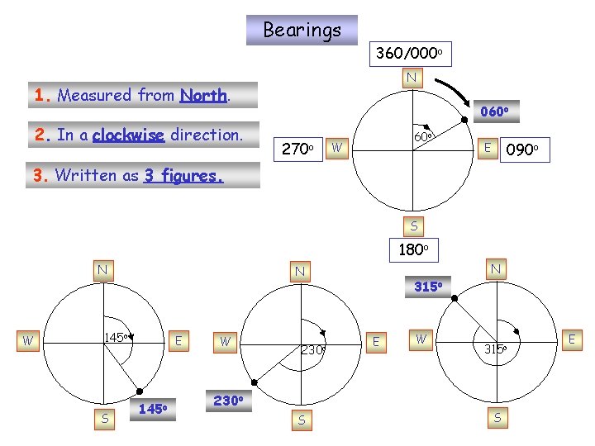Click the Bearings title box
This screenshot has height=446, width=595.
pos(302,31)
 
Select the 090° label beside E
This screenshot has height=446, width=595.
pos(522,149)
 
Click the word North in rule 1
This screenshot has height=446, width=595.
pos(202,95)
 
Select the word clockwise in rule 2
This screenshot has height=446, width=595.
pos(129,135)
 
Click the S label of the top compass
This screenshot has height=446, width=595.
pos(414,225)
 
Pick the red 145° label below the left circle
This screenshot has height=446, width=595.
pos(154,408)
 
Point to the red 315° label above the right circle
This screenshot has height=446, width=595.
pos(429,286)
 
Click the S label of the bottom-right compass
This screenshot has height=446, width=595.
pos(497,418)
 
